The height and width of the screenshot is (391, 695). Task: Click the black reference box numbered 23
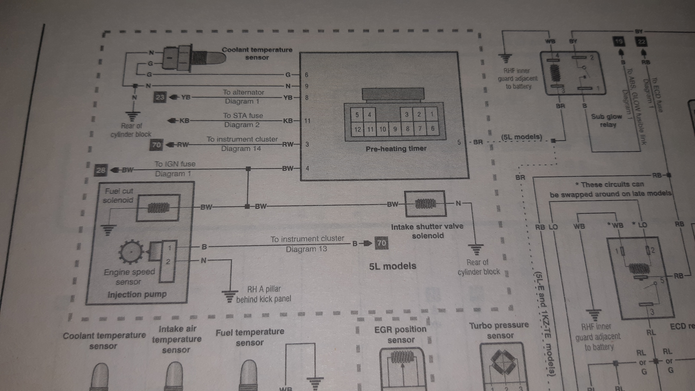click(x=160, y=97)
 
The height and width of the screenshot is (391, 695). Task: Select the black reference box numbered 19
click(x=619, y=42)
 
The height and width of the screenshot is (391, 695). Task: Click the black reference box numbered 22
click(x=641, y=42)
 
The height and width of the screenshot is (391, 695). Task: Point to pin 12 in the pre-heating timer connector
click(x=357, y=129)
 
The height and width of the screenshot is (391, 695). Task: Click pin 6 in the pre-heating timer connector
click(x=432, y=128)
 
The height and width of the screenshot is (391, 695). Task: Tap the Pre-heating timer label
click(x=396, y=149)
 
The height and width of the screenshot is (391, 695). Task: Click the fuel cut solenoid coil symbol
click(x=158, y=207)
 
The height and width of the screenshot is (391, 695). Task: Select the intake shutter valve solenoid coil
click(x=425, y=204)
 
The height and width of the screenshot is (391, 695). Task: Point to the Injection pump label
click(x=137, y=294)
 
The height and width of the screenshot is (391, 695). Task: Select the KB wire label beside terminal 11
click(x=288, y=121)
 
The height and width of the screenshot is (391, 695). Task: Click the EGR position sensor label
click(x=400, y=334)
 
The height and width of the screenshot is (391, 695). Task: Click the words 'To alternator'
click(x=243, y=92)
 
